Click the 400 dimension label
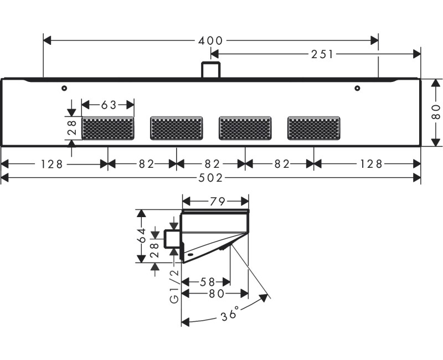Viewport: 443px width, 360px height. [210, 40]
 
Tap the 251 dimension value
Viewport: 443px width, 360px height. [322, 54]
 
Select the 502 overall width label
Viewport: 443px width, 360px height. [210, 178]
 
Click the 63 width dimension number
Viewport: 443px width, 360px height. [109, 105]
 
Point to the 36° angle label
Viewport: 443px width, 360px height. [230, 314]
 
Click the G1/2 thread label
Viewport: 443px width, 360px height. [175, 286]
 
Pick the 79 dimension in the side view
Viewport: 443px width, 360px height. [218, 202]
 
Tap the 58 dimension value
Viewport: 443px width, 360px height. [208, 282]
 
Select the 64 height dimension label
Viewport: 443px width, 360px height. [142, 236]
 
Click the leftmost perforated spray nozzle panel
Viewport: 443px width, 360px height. [107, 128]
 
